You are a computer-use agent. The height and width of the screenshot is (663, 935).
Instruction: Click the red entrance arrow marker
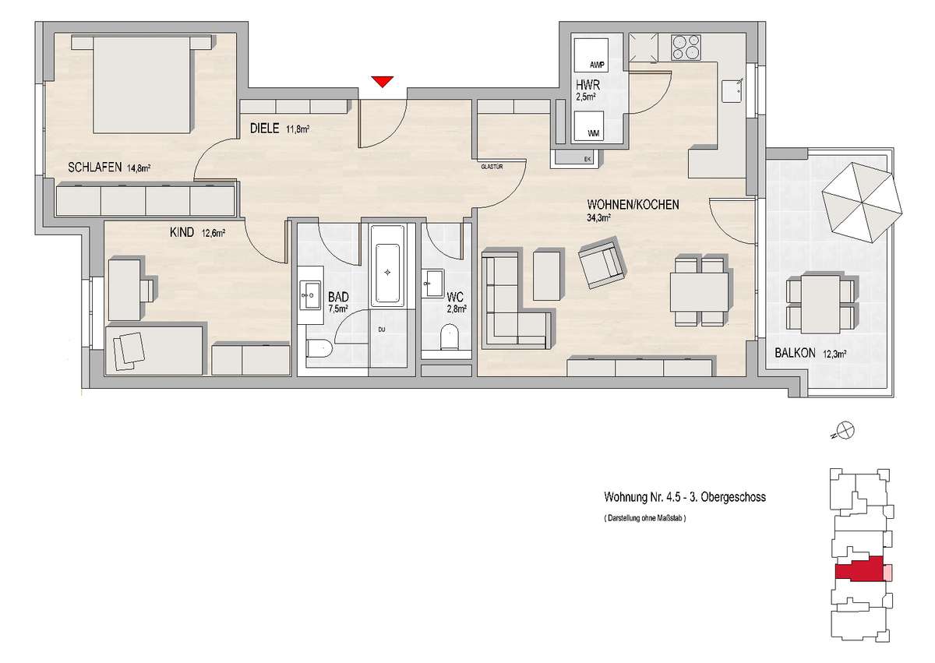[x=383, y=82]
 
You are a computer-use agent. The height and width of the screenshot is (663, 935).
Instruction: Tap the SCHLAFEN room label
[x=95, y=168]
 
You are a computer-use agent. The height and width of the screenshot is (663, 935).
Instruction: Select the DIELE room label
[x=264, y=128]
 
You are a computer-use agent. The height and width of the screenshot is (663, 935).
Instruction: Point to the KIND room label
[x=182, y=232]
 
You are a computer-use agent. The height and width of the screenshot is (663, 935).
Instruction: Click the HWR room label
[x=587, y=85]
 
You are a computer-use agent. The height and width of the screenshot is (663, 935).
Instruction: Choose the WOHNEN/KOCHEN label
[x=633, y=204]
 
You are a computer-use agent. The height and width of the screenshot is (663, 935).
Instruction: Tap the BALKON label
[x=795, y=353]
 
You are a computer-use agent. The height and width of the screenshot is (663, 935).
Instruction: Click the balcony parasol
[x=862, y=203]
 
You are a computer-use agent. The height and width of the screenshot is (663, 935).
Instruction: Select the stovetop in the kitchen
[x=686, y=48]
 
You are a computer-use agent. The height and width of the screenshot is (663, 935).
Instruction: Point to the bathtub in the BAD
[x=387, y=266]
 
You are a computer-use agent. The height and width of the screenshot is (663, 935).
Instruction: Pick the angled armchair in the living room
[x=602, y=263]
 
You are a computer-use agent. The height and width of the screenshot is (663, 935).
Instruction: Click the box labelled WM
[x=588, y=125]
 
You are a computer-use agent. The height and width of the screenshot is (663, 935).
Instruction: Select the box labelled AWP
[x=591, y=55]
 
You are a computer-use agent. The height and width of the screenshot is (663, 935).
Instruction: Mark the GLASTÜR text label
[x=492, y=167]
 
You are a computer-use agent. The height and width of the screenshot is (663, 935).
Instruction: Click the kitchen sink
[x=734, y=91]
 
